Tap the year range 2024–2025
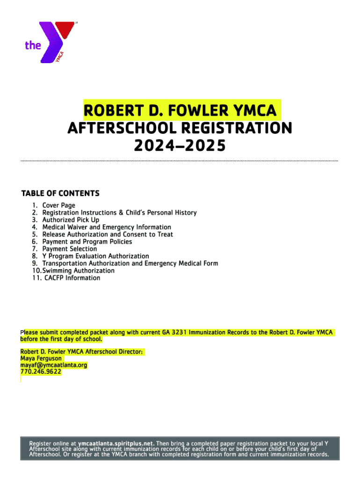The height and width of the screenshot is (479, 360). coord(180,146)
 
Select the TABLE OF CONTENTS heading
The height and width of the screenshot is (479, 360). coord(60,193)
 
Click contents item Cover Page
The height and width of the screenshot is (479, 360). coord(58,205)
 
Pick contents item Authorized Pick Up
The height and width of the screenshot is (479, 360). coord(71,220)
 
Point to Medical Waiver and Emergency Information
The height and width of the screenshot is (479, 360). coord(107,227)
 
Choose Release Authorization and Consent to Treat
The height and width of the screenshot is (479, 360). coord(108,234)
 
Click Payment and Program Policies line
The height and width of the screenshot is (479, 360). coord(87,241)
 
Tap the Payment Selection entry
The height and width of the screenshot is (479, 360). coord(70,249)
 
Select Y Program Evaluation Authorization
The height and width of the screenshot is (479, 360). coord(95,256)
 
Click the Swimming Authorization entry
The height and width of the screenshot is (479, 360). coord(78,270)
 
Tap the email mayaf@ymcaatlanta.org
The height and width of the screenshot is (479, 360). coord(54,365)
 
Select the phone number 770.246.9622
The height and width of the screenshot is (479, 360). coord(40,371)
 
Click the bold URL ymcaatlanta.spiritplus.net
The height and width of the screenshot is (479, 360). coord(116,443)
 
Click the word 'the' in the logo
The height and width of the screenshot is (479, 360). coord(33,45)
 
